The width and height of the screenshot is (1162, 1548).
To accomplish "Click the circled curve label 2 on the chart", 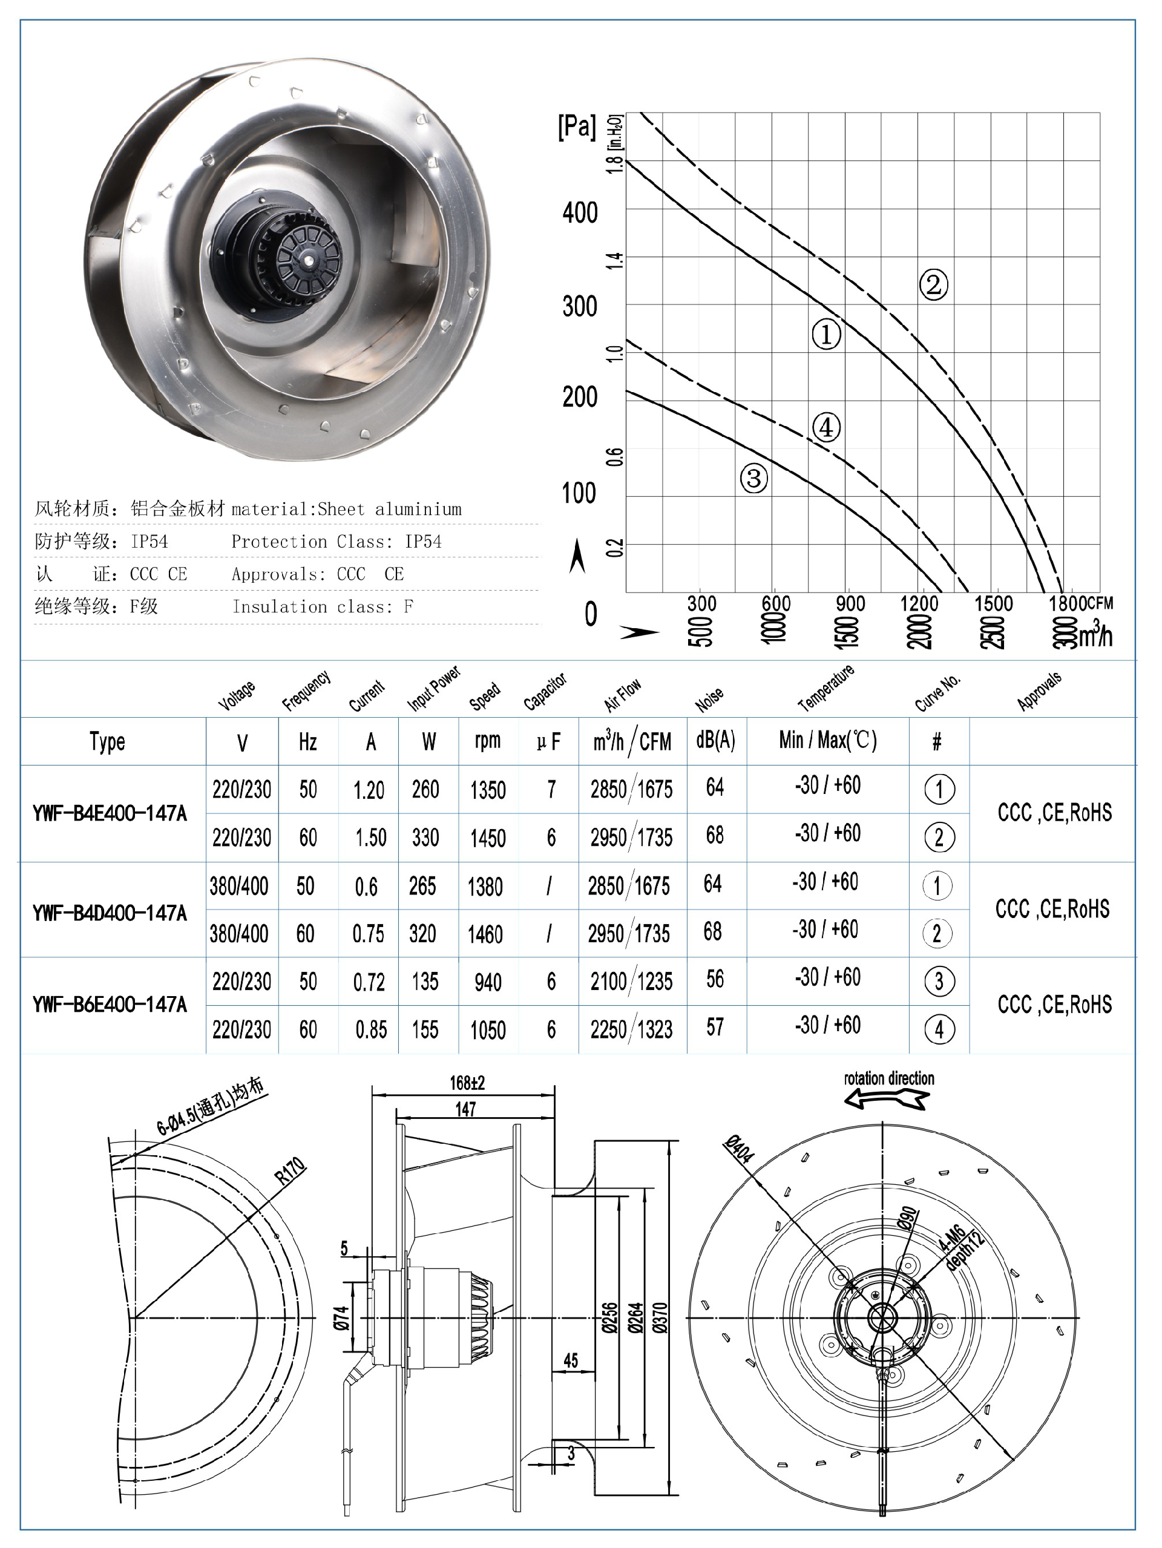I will click(933, 284).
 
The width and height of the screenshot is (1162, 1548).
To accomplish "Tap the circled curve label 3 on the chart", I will click(754, 479).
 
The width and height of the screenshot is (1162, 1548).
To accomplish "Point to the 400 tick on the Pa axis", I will click(580, 212).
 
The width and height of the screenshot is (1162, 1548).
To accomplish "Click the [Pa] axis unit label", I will click(577, 126).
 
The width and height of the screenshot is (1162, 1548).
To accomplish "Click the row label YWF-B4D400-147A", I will click(110, 913).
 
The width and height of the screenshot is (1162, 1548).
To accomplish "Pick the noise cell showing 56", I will click(715, 979).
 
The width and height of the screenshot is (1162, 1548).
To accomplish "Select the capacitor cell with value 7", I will click(551, 789).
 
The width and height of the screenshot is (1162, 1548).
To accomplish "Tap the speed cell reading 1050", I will click(487, 1029).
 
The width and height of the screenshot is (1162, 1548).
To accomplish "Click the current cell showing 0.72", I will click(369, 982).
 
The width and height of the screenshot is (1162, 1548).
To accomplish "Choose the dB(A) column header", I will click(715, 740).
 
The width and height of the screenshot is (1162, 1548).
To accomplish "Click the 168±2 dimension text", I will click(467, 1083).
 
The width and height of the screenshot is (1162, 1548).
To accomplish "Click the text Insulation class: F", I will click(322, 607).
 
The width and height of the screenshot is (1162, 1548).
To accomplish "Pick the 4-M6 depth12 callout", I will click(960, 1247).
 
